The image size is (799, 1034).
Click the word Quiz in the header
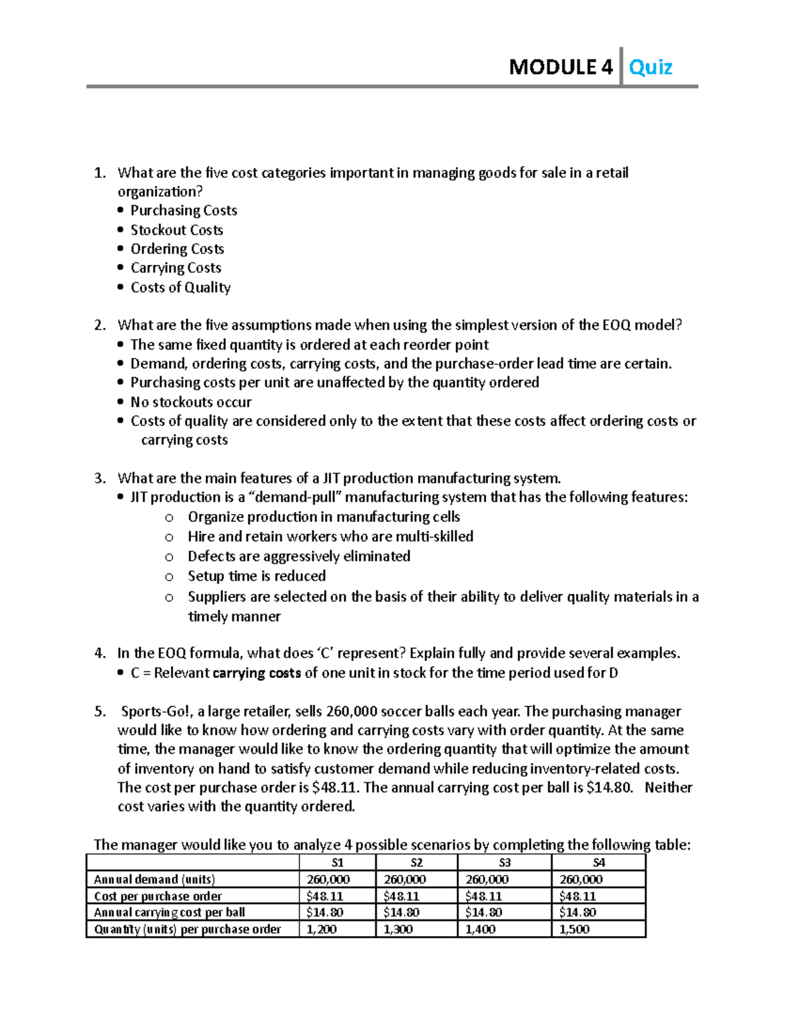coord(651,67)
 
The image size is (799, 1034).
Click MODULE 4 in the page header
coord(560,67)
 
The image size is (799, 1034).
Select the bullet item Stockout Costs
coord(176,230)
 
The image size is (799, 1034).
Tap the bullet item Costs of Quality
coord(180,288)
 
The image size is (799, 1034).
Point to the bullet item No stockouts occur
coord(191,402)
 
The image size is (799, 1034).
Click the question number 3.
coord(99,478)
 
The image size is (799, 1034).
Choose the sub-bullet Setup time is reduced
coord(256,576)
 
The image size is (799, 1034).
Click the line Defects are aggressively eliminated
coord(298,557)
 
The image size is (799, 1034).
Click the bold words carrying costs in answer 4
coord(256,673)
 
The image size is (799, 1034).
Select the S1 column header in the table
coord(338,863)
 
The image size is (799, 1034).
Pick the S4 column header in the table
coord(599,863)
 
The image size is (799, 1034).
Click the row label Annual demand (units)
coord(154,880)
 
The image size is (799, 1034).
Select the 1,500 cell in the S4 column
coord(574,929)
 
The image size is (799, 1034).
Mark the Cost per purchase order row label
coord(158,896)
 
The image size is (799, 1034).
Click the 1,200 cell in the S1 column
coord(322,929)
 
